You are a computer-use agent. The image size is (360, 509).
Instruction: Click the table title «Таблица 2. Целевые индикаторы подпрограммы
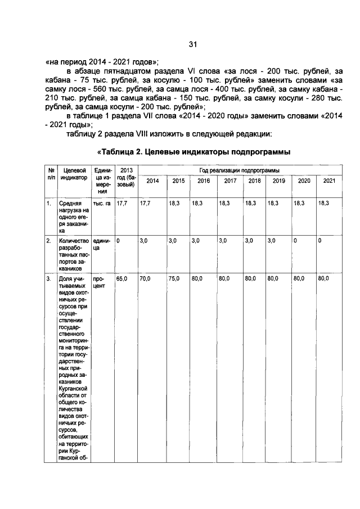194,152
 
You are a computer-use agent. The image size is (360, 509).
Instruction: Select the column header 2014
152,181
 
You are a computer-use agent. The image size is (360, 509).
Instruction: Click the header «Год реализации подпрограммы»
240,170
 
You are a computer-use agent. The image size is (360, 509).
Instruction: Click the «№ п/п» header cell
51,174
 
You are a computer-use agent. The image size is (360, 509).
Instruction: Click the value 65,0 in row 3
121,278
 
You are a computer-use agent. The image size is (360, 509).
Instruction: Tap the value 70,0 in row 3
145,278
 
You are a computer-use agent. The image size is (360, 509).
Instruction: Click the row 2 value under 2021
319,240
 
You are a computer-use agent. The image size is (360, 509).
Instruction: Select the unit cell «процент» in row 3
100,281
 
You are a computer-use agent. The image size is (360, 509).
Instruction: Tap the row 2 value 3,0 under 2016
196,240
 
